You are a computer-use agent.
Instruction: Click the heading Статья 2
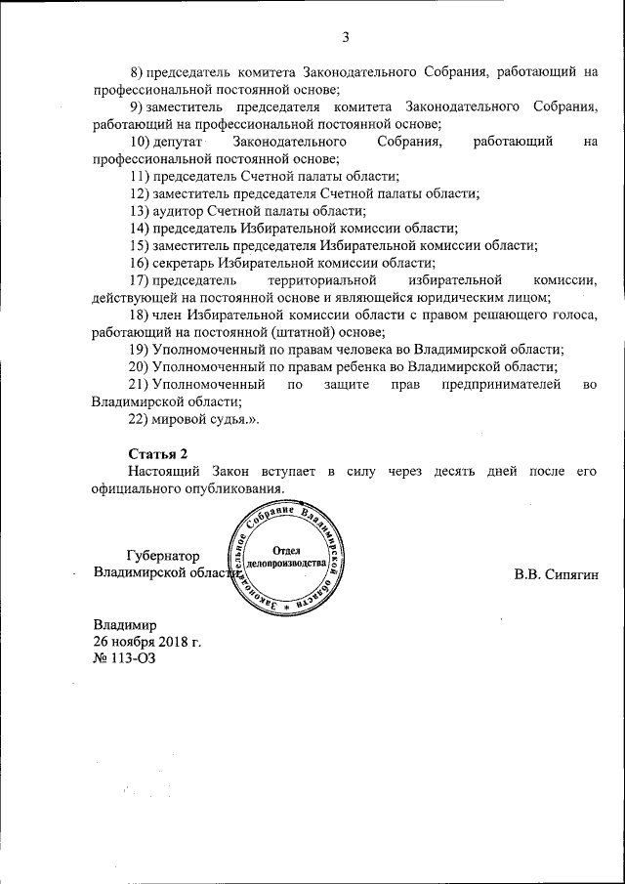159,454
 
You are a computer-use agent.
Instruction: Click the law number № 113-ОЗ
124,657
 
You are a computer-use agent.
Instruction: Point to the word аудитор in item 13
175,210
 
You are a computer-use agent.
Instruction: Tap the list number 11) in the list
139,176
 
